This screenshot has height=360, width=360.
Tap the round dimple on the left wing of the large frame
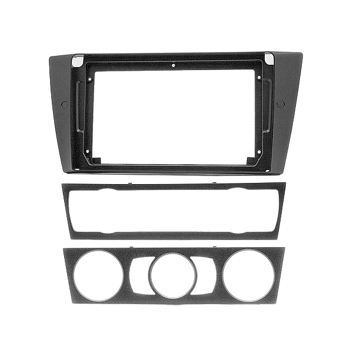pyautogui.click(x=65, y=104)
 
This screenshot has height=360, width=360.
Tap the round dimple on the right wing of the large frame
pyautogui.click(x=281, y=104)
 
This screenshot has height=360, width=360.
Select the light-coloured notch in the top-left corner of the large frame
pyautogui.click(x=76, y=61)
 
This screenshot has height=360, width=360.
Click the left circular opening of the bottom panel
pyautogui.click(x=98, y=275)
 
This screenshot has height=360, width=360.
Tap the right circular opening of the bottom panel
pyautogui.click(x=248, y=275)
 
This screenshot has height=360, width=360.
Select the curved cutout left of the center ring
pyautogui.click(x=136, y=275)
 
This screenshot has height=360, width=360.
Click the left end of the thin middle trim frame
pyautogui.click(x=66, y=211)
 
